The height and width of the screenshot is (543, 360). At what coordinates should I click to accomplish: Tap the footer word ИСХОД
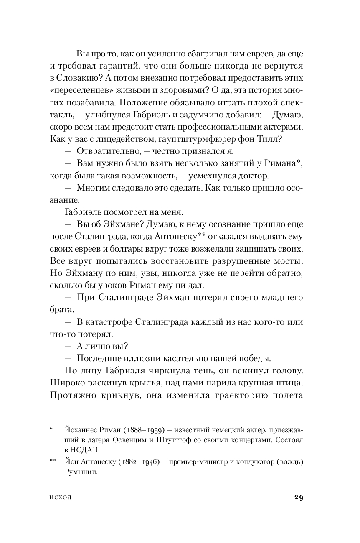(x=60, y=497)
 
